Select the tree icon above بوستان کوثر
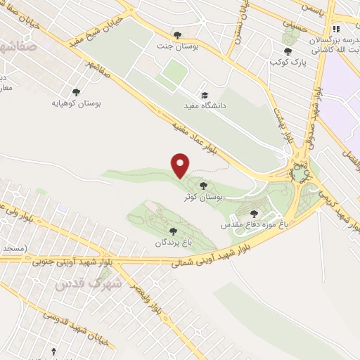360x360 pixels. [203, 186]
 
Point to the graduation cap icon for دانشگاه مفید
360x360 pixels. [205, 95]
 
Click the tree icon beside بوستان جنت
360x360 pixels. [176, 34]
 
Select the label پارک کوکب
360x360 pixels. [287, 62]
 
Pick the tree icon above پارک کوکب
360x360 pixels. [287, 51]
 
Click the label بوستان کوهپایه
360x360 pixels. [77, 103]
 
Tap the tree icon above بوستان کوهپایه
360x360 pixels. [76, 91]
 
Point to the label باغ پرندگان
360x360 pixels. [173, 242]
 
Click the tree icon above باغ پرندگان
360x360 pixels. [172, 231]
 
